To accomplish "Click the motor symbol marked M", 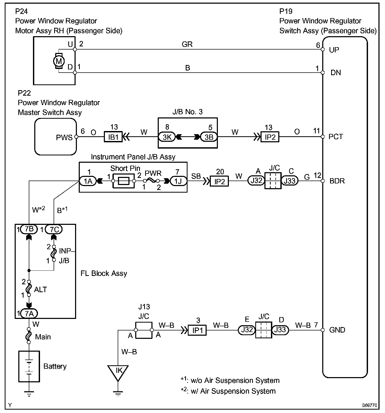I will (59, 61).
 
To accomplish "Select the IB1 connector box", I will (113, 137).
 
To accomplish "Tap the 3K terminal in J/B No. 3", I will (167, 137).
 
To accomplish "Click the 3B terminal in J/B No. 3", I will (208, 137).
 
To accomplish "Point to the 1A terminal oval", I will (88, 181).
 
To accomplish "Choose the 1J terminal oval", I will (178, 181).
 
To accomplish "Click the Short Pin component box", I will (123, 181).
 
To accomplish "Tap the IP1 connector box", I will (197, 330).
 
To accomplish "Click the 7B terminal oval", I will (29, 229).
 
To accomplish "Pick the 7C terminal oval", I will (54, 230).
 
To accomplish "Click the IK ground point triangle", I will (118, 372).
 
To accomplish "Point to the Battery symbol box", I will (29, 366).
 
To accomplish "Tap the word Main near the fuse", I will (43, 337).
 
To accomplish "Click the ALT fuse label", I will (40, 290).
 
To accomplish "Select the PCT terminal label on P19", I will (336, 137).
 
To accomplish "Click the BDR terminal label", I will (337, 181).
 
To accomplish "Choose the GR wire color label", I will (187, 44).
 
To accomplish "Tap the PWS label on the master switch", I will (64, 137).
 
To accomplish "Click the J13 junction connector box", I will (143, 330).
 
